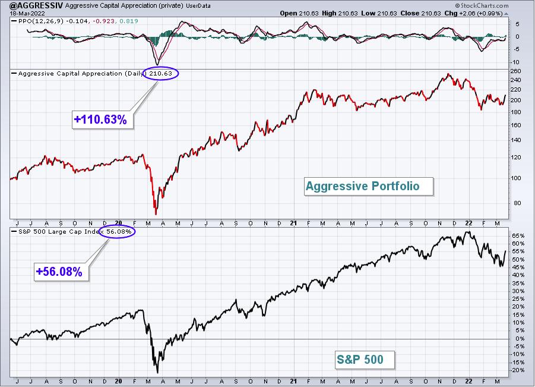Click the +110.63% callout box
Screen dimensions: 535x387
click(102, 119)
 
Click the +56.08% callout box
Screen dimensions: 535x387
click(61, 272)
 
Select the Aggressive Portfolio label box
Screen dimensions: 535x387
click(369, 186)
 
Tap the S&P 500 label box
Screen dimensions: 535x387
click(365, 360)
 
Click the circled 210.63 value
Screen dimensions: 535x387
click(161, 73)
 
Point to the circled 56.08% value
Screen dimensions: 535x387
click(118, 232)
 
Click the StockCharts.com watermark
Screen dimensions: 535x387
click(482, 5)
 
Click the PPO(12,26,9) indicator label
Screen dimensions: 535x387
click(45, 21)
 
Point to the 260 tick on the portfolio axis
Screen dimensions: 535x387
click(516, 71)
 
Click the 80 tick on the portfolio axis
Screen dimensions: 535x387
click(517, 203)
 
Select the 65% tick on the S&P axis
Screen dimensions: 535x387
click(518, 235)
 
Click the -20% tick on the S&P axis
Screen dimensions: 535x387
click(518, 370)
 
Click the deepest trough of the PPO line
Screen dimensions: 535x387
click(157, 65)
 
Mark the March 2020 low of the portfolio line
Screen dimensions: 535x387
click(156, 214)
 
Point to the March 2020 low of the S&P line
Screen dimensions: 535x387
click(157, 373)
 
